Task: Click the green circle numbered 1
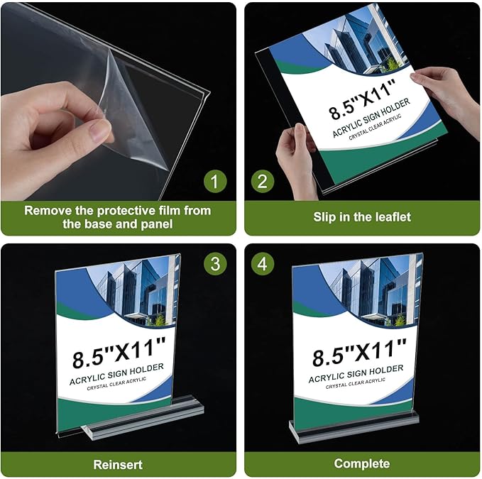pos(214,182)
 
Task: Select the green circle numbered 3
pos(214,265)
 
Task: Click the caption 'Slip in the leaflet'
pos(362,217)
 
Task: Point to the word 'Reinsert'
pos(118,465)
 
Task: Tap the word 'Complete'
pos(362,464)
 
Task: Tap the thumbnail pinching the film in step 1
pos(99,131)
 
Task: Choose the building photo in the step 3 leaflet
pos(135,291)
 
